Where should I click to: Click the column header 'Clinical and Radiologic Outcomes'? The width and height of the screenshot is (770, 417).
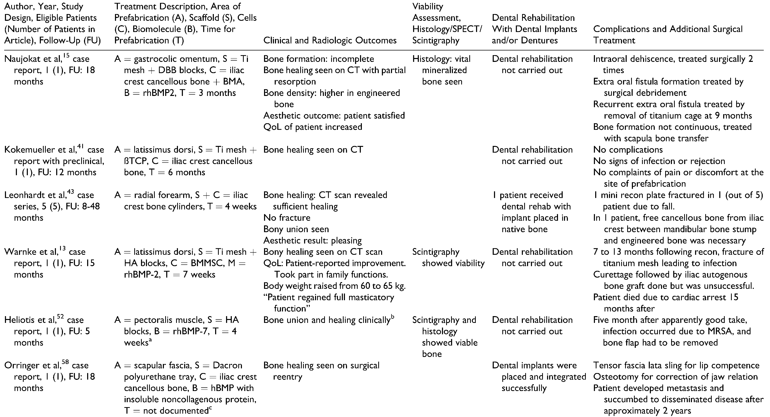(x=330, y=41)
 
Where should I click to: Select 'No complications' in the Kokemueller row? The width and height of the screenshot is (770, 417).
(x=628, y=150)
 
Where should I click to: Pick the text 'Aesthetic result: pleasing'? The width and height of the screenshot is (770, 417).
(x=312, y=241)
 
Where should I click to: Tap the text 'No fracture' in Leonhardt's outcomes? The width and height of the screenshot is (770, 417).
(x=287, y=218)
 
